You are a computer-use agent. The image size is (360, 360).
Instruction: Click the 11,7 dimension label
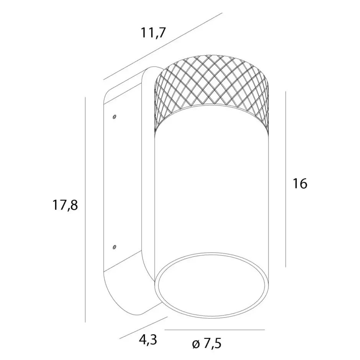(153, 33)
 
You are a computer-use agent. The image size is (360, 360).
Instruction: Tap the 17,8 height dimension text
(65, 205)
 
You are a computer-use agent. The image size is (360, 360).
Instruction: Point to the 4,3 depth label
(148, 340)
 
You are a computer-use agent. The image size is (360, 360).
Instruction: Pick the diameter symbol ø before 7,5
(196, 344)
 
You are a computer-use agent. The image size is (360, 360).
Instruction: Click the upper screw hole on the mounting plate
(114, 117)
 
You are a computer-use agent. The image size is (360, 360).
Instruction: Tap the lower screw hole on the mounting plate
(114, 247)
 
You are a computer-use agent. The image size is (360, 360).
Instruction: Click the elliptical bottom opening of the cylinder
(212, 285)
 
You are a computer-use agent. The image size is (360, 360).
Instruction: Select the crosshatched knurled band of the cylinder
(212, 92)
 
